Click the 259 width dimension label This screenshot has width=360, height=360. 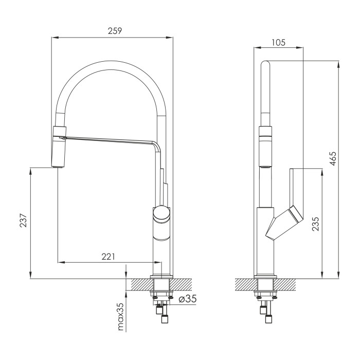click(115, 31)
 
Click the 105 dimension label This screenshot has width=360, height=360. click(278, 43)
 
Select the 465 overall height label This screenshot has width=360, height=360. click(333, 158)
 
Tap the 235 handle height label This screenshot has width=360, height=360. click(316, 224)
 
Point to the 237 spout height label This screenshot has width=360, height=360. click(24, 221)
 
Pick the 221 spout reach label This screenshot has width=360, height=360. click(108, 257)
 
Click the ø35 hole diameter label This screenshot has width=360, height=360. click(188, 299)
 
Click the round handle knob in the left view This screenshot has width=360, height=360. click(161, 214)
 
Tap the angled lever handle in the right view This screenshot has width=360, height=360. click(285, 223)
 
